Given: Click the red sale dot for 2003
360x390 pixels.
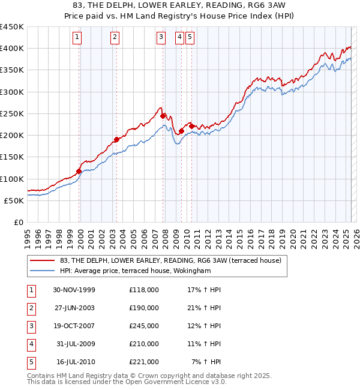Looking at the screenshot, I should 116,140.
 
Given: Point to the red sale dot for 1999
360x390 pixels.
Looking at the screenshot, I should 79,171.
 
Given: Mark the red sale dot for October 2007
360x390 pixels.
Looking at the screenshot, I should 163,116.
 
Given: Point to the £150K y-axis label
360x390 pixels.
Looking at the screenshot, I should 12,157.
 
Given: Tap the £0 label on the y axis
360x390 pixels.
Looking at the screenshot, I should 18,223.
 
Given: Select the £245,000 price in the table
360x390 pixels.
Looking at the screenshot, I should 144,326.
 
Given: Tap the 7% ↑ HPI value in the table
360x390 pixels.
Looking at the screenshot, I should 206,362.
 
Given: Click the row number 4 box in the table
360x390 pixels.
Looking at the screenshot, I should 31,344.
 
